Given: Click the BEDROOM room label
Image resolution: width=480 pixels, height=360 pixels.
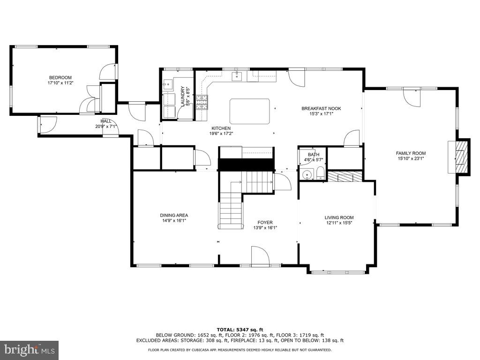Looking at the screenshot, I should point(60,77).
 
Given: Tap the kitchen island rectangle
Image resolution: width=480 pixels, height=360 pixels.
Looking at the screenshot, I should point(249,111).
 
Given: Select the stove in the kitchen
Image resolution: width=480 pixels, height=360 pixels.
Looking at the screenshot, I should point(202,102).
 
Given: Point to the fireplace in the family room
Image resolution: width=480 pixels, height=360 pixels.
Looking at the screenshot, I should point(461,157).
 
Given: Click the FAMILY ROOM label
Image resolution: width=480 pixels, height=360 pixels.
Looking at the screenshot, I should point(411,153).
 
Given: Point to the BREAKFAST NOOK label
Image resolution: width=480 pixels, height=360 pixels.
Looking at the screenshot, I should point(321,108).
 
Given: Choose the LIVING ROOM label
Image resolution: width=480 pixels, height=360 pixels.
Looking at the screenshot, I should point(339,217).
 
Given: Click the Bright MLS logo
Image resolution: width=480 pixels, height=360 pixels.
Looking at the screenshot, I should point(29,350).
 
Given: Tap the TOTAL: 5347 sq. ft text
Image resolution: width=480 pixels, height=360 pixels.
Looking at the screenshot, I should point(240,329).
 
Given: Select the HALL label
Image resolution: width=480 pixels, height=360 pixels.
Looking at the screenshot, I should point(105,121).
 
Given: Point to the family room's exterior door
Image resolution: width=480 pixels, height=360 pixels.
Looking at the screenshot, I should point(412,97).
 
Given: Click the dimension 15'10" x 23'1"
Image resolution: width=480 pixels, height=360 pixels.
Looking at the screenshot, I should point(411,158).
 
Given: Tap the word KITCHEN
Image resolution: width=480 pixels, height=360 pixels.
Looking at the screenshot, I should point(221,128).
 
